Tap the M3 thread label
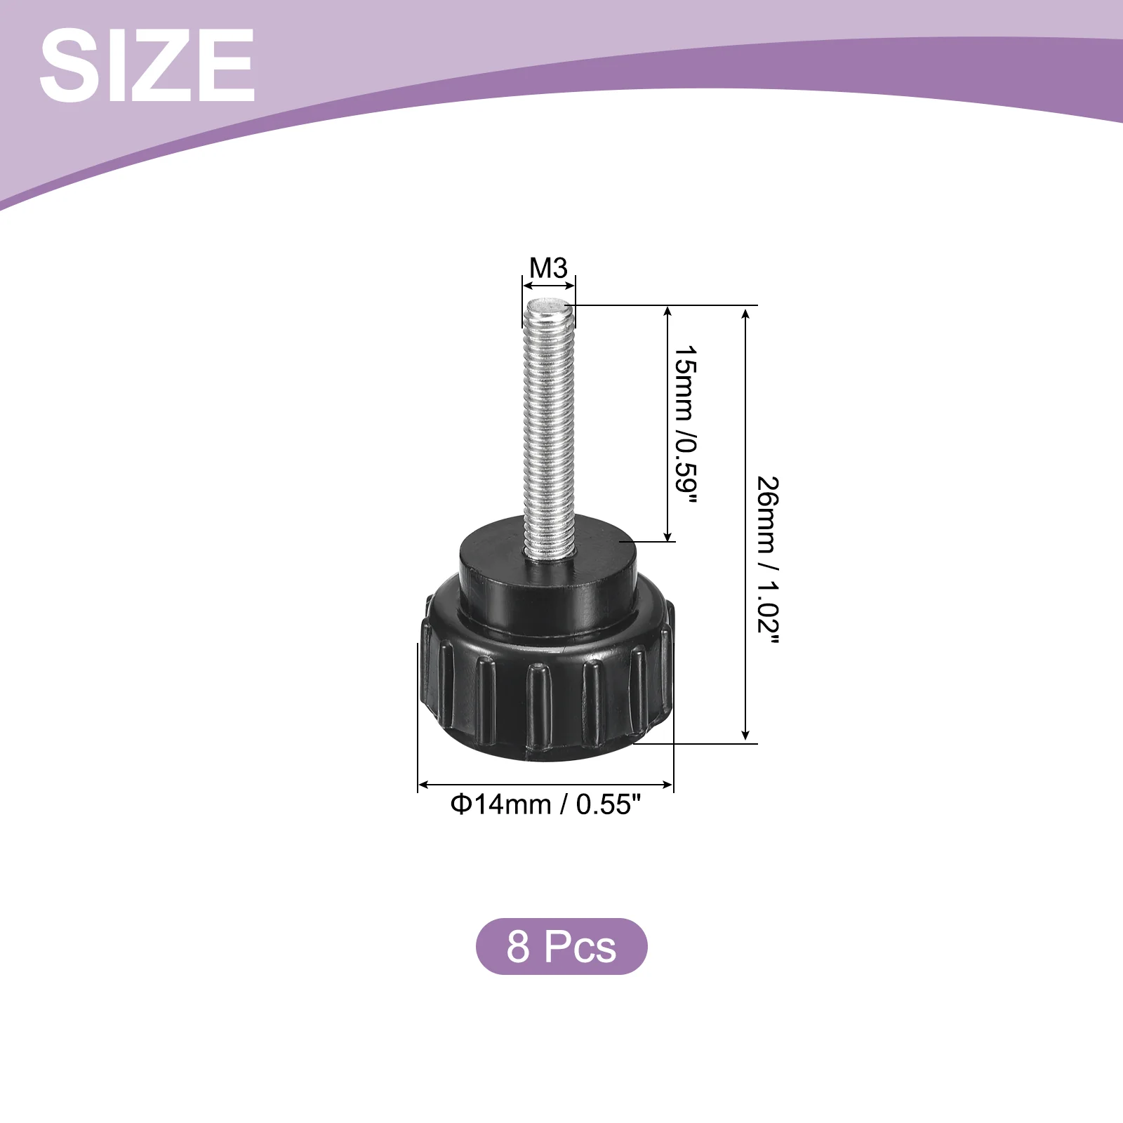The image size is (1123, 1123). pyautogui.click(x=548, y=268)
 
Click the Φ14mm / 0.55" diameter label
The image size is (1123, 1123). pyautogui.click(x=546, y=804)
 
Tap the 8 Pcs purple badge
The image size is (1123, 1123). pyautogui.click(x=561, y=946)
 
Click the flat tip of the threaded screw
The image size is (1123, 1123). pyautogui.click(x=549, y=305)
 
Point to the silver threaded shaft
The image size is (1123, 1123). pyautogui.click(x=550, y=428)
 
